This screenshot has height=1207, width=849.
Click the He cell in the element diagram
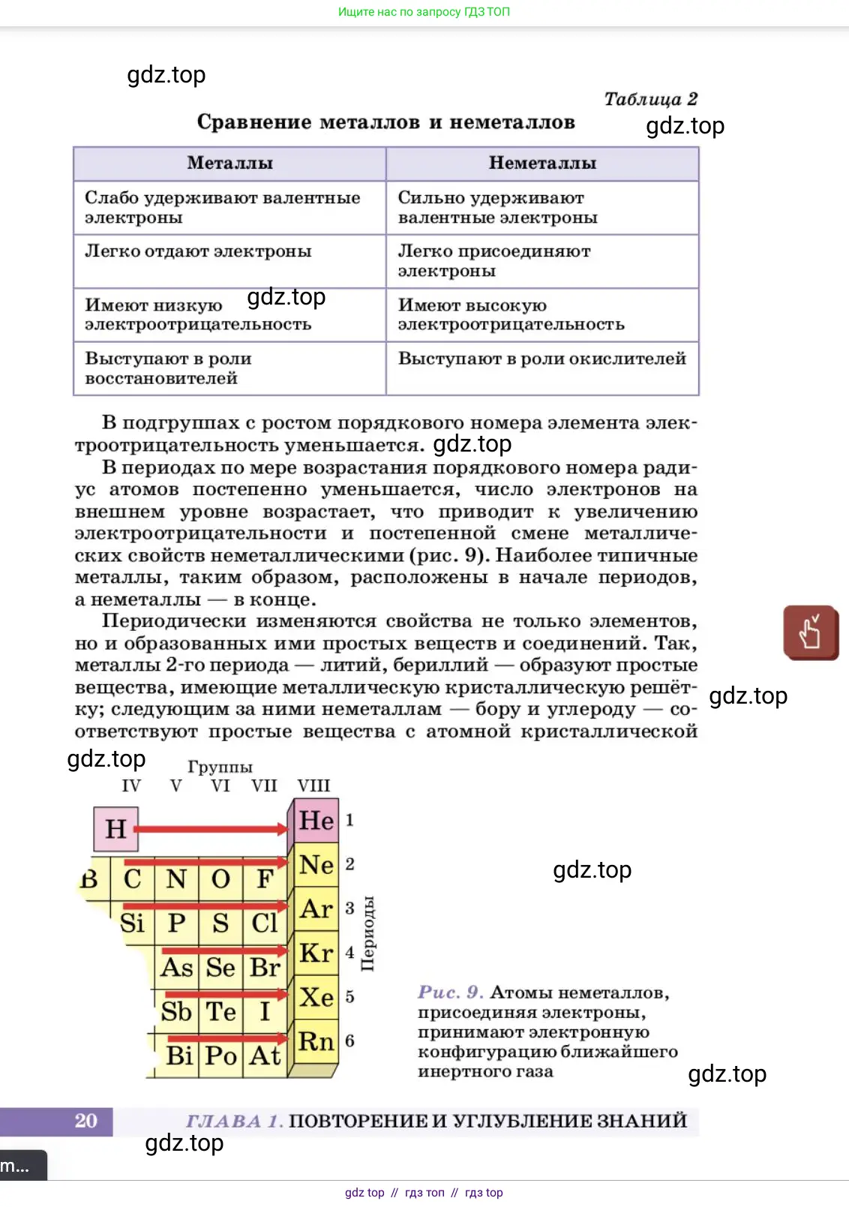tap(316, 821)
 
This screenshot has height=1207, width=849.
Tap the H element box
tap(116, 829)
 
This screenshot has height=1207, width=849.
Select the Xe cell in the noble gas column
tap(316, 998)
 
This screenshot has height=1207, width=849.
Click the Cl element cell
tap(265, 923)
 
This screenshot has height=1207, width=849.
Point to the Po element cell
tap(221, 1056)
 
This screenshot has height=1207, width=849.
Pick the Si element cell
tap(133, 923)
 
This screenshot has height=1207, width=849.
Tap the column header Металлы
tap(229, 164)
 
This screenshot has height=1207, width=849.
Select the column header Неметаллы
tap(542, 164)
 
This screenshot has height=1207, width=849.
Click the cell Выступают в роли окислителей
tap(541, 359)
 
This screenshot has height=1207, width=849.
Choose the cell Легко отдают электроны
tap(198, 252)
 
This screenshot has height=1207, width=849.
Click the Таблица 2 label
tap(650, 99)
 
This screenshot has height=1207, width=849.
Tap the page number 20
tap(85, 1121)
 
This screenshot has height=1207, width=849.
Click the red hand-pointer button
tap(811, 632)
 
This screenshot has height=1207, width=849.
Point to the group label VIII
tap(313, 785)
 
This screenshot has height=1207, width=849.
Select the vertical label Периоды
tap(367, 933)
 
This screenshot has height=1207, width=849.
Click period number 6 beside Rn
tap(349, 1041)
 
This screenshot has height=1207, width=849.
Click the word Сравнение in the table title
tap(253, 122)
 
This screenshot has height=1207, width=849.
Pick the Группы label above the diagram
tap(220, 767)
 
